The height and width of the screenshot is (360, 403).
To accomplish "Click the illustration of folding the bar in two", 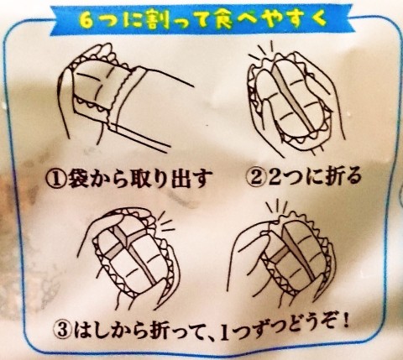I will (291, 97).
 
